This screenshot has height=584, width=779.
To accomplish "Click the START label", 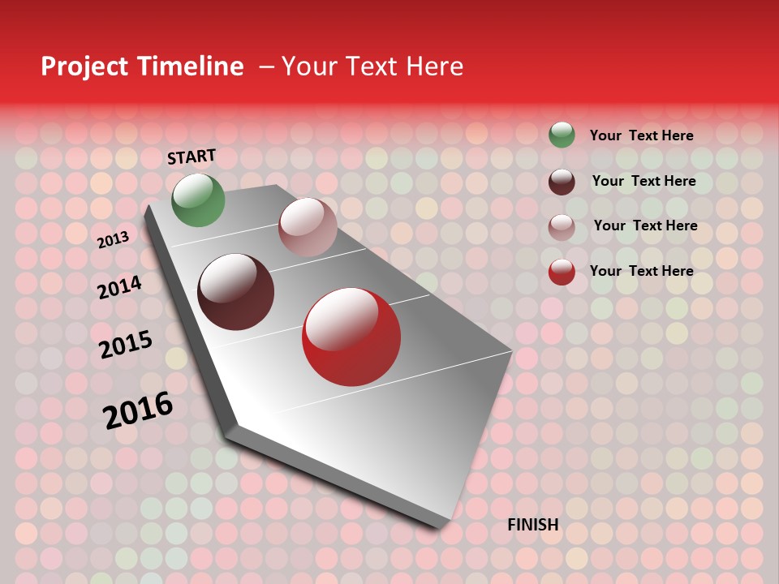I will click(192, 157).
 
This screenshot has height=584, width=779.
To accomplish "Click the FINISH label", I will click(532, 525).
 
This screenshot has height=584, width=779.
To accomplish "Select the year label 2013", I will click(113, 240).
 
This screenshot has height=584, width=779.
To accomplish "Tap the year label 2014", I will click(120, 287).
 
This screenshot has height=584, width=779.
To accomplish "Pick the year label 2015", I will click(126, 344).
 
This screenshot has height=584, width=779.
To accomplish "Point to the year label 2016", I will click(138, 410).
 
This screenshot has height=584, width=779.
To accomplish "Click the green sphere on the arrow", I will click(199, 200).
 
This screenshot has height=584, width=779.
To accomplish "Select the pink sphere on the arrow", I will click(308, 226).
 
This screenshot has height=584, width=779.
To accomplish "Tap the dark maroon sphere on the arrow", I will click(236, 292).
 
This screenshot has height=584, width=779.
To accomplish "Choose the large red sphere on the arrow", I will click(351, 337).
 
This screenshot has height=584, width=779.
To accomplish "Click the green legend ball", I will click(562, 135).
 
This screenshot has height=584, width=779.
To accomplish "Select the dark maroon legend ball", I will click(562, 182).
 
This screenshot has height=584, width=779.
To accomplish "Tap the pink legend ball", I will click(562, 227).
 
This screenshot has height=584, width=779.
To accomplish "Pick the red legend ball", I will click(562, 272).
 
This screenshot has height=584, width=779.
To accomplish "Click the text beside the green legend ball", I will click(641, 135).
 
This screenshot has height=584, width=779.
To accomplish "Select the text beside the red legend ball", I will click(641, 271).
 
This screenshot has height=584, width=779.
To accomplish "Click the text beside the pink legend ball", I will click(645, 225).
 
